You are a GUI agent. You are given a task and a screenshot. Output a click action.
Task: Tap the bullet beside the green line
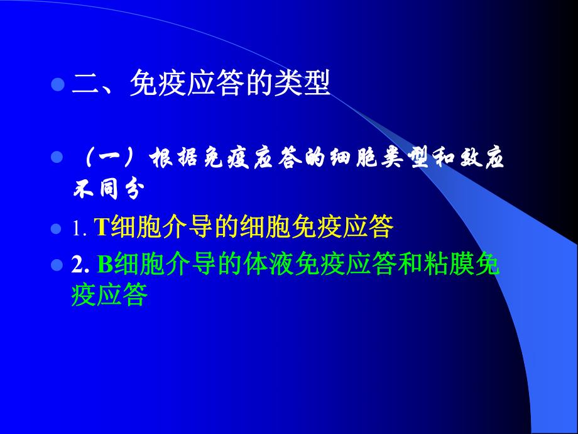point(58,265)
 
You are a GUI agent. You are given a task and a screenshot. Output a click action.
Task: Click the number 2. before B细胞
point(82,266)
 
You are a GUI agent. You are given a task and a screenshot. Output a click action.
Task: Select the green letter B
point(105,266)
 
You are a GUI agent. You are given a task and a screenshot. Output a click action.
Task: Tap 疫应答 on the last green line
point(110,295)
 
